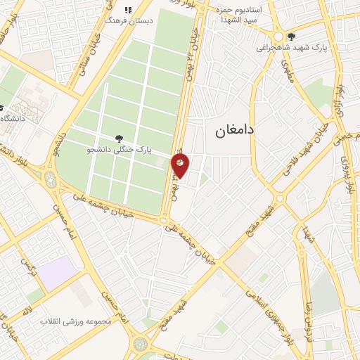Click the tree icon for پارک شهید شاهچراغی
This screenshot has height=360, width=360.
(292, 37)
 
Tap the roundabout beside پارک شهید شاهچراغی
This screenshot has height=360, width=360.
(279, 37)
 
